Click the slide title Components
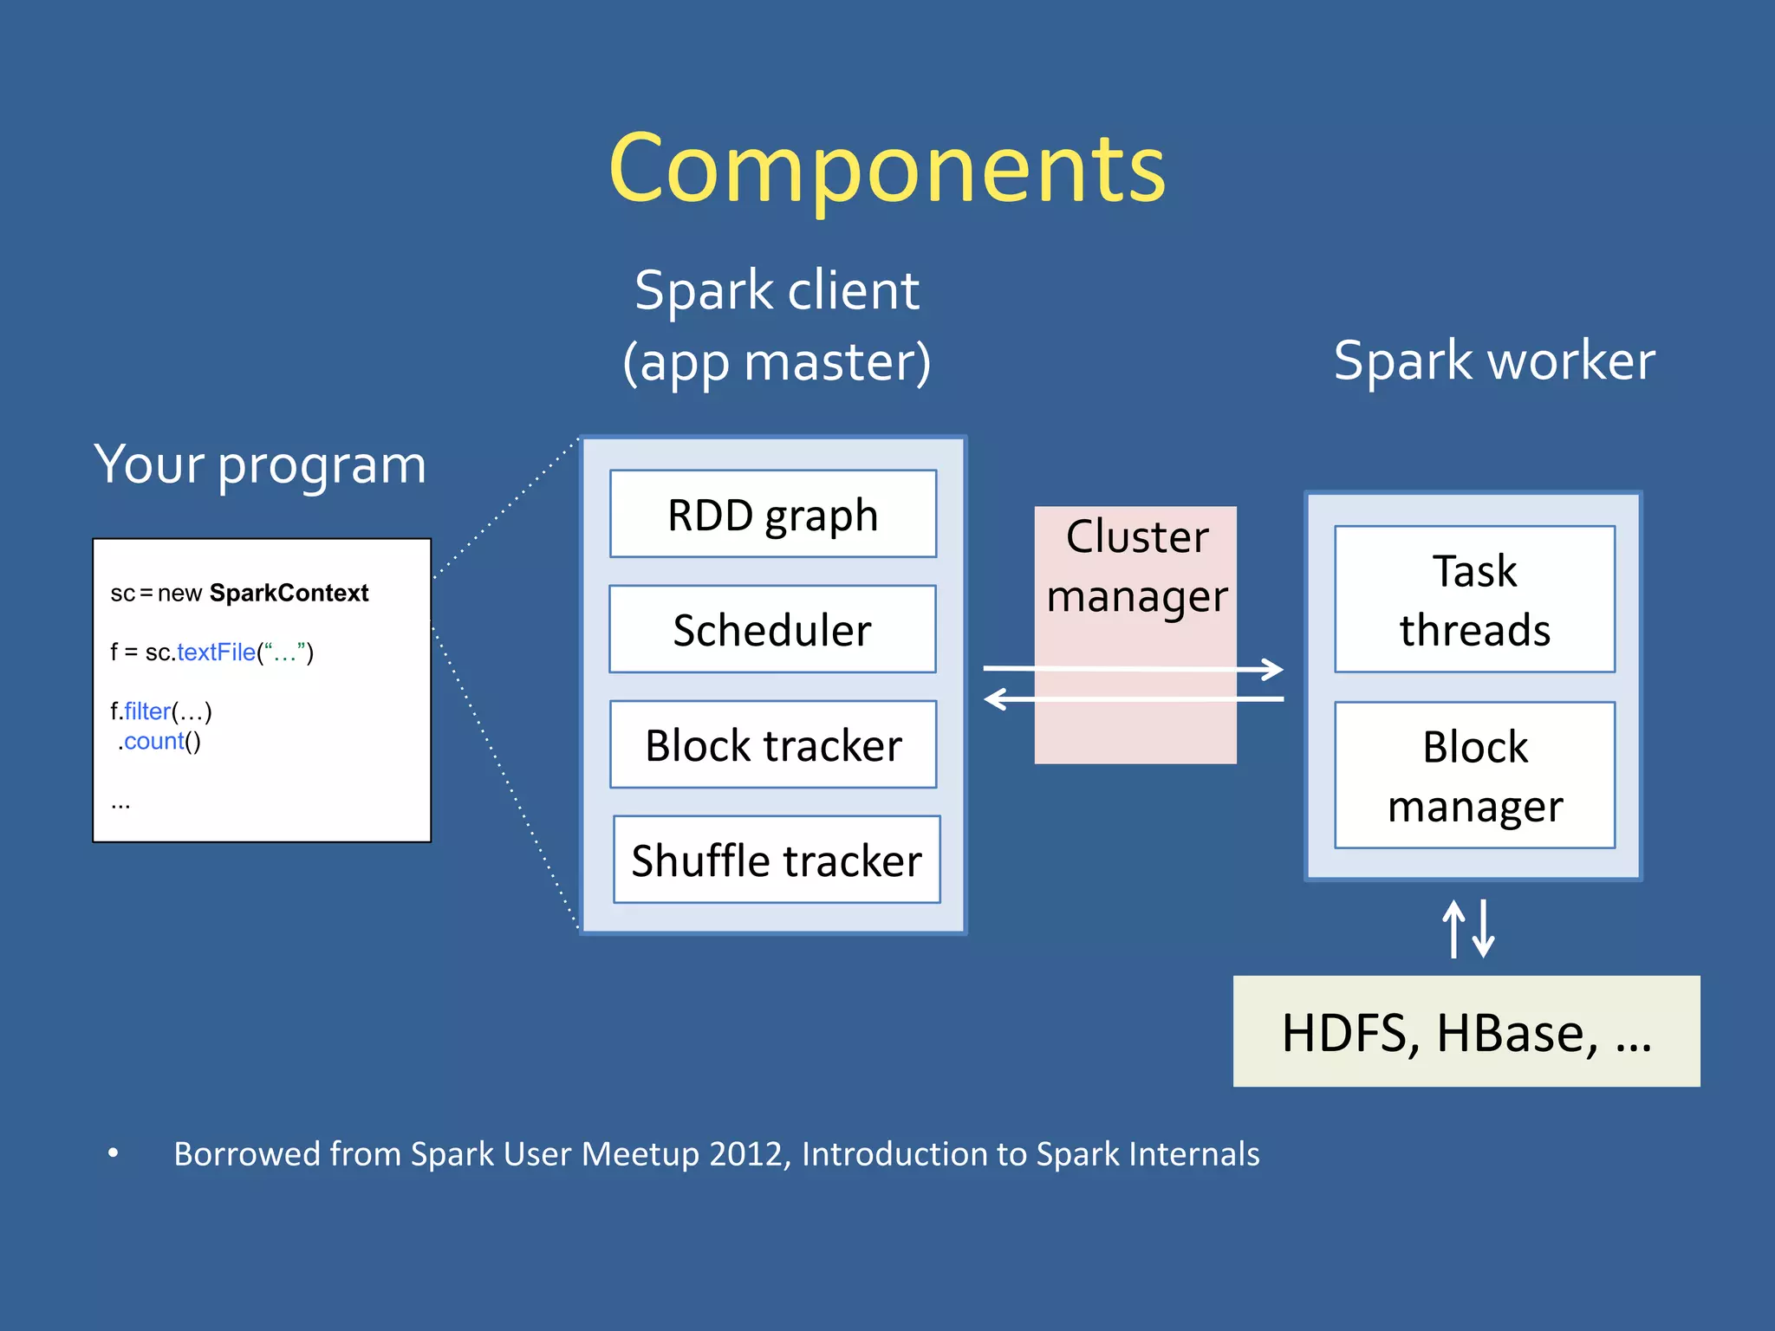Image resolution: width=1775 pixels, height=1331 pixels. coord(887,169)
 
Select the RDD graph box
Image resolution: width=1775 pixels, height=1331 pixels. coord(772,515)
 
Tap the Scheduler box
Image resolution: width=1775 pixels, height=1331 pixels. coord(772,630)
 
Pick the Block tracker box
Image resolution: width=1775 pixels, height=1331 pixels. coord(772,745)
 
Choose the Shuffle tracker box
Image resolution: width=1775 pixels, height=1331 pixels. coord(777,860)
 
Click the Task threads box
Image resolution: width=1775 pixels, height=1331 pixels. coord(1474,600)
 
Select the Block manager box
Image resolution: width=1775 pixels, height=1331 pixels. coord(1474,776)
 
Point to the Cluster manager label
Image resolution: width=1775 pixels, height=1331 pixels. coord(1136,566)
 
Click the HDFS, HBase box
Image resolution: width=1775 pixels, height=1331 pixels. coord(1466,1032)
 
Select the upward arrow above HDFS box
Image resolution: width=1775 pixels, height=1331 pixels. coord(1453,927)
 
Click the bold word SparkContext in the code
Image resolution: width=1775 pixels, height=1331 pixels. coord(289,594)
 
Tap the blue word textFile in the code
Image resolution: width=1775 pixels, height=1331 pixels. coord(217,653)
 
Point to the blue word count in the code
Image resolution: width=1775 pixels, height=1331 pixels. coord(153,742)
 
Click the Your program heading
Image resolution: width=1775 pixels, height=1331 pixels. coord(260,465)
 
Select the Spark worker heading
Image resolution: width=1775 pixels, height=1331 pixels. coord(1493,360)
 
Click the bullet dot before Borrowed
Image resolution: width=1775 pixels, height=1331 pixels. coord(113,1152)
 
